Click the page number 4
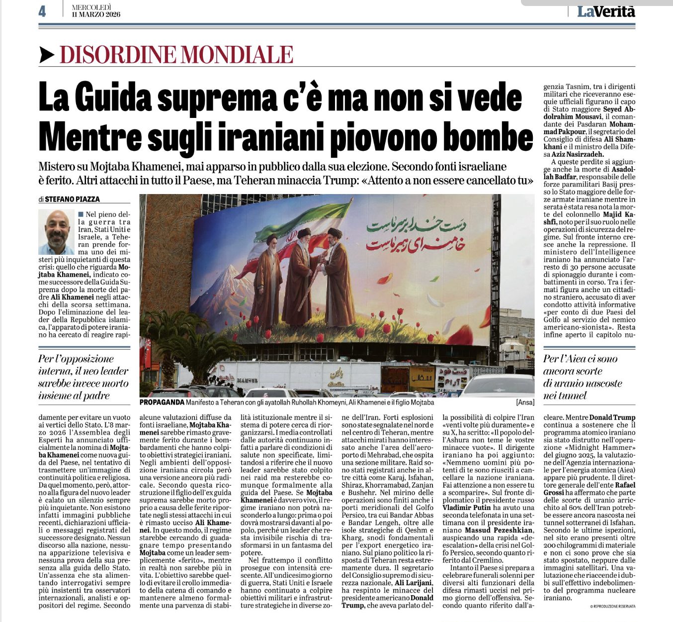point(42,11)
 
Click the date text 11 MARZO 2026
point(96,14)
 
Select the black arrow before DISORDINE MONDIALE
point(47,54)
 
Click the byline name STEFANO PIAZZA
point(72,199)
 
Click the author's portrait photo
point(57,232)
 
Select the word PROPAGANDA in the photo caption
point(162,402)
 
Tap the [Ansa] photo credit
point(525,402)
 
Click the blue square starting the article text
point(81,214)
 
